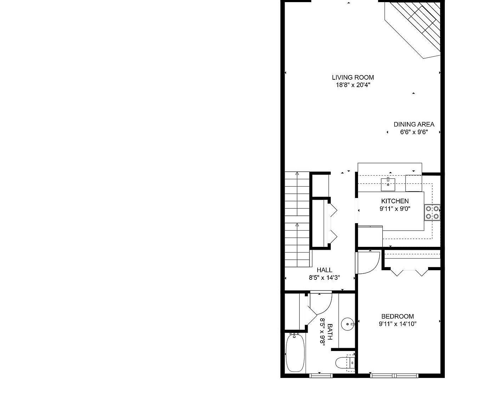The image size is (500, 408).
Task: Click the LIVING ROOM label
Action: (x=353, y=77)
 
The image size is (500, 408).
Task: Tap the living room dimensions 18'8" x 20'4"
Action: (x=353, y=85)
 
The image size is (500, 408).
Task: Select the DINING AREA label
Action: (x=414, y=124)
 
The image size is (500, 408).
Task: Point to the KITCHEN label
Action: (x=395, y=201)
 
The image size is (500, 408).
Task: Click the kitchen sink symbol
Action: (x=388, y=184)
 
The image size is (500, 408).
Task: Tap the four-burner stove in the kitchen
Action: (x=432, y=212)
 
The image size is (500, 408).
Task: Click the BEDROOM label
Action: (x=397, y=316)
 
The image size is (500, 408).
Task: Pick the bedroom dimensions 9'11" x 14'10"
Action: (x=397, y=324)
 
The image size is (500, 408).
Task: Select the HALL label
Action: (x=324, y=270)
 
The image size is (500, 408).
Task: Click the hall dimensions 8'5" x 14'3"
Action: (x=324, y=278)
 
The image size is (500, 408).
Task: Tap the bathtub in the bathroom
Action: (x=295, y=352)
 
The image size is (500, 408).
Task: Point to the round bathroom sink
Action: (x=347, y=324)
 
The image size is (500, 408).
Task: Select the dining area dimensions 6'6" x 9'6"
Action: (x=414, y=132)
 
